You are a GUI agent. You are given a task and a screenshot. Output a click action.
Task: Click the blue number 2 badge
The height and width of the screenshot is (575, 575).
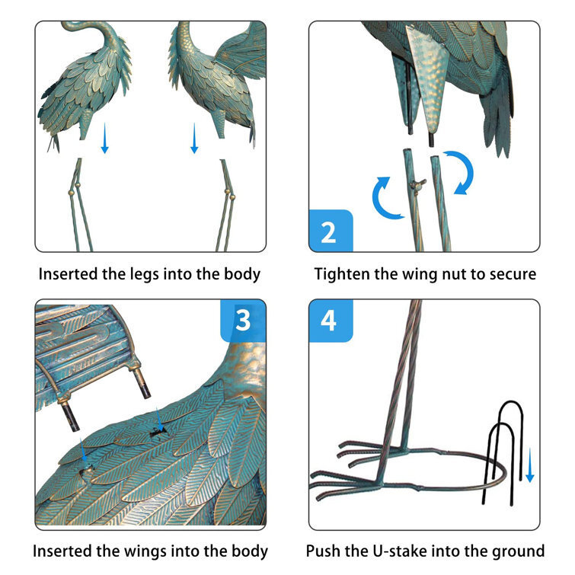(331, 231)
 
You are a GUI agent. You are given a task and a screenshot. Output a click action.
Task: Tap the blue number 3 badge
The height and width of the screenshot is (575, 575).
(243, 321)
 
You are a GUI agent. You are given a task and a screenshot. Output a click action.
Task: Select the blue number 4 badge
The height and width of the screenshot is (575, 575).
(331, 321)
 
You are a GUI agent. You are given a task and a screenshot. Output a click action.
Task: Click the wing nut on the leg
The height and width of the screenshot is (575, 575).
(417, 184)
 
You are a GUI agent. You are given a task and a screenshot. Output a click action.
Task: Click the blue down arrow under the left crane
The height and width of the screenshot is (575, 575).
(104, 138)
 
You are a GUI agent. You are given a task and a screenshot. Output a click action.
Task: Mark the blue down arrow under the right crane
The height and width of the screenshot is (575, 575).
(194, 138)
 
